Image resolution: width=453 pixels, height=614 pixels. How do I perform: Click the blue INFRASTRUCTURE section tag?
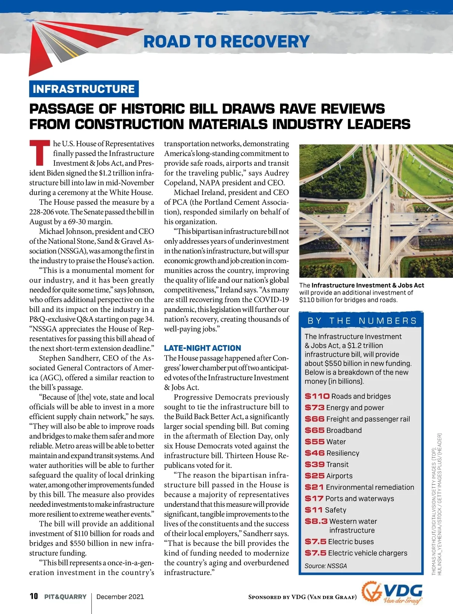tap(84, 89)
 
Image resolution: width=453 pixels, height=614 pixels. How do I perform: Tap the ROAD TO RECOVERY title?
tap(226, 42)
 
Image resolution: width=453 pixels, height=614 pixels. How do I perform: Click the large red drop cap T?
tap(40, 153)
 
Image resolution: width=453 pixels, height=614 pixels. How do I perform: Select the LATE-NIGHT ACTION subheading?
tap(202, 348)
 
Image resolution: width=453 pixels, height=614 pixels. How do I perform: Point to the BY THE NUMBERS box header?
tap(362, 321)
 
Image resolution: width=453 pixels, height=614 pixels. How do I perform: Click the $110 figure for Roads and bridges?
tap(317, 396)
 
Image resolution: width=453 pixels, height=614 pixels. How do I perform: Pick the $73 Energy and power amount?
tap(314, 407)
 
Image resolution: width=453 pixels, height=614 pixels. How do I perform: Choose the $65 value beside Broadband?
tap(314, 430)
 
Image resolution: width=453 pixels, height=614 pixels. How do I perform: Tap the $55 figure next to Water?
tap(314, 441)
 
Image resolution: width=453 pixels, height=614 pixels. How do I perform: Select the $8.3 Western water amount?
tap(316, 521)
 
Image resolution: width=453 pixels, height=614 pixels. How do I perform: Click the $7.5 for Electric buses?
tap(316, 541)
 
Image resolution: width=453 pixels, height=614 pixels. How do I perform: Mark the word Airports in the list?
tap(339, 476)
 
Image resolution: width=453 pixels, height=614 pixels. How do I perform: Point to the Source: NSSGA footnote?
tap(326, 566)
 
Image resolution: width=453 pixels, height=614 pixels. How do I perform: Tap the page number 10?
tap(34, 596)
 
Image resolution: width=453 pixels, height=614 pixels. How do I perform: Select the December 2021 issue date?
tap(120, 597)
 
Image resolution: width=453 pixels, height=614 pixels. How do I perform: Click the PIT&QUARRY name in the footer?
tap(65, 597)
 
